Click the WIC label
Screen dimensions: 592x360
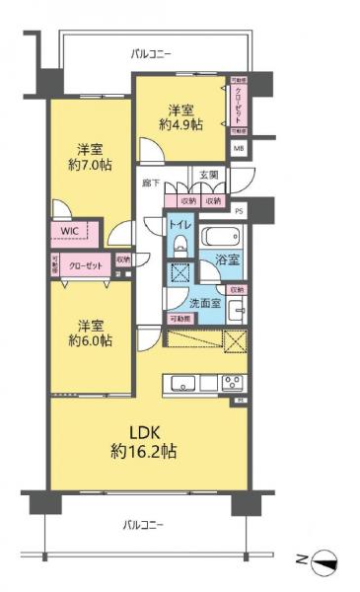[68, 231]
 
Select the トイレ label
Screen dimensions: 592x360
[180, 224]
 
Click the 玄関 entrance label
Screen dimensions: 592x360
[209, 175]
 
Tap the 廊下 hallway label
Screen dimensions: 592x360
[151, 184]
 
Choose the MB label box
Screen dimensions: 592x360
[239, 148]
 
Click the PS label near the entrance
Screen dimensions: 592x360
[239, 209]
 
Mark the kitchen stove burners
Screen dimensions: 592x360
[233, 383]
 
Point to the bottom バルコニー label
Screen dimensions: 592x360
[144, 523]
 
